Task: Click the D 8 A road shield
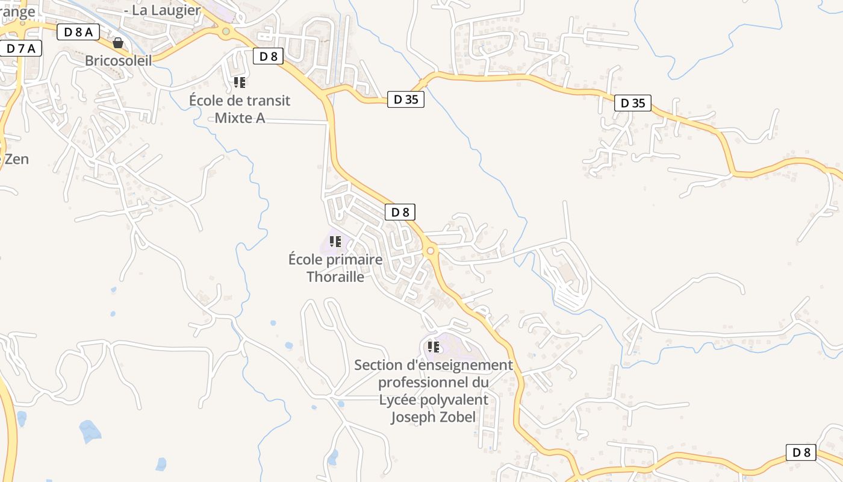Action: (78, 32)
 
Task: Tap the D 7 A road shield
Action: (20, 49)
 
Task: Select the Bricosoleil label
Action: (118, 60)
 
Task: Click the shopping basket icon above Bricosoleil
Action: (118, 43)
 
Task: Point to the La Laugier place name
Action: (163, 10)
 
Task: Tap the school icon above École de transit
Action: (240, 82)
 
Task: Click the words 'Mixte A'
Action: (240, 117)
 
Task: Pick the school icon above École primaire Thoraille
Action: (335, 242)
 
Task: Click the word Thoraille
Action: (335, 277)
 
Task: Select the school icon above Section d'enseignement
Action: (434, 347)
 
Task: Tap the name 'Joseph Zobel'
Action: (434, 417)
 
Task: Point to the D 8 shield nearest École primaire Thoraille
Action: (400, 212)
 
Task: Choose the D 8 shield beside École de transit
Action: (268, 57)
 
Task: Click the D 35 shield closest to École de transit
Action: (405, 99)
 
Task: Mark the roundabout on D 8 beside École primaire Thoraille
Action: (430, 251)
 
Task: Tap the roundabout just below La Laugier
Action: (226, 31)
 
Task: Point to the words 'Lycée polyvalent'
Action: (434, 399)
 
